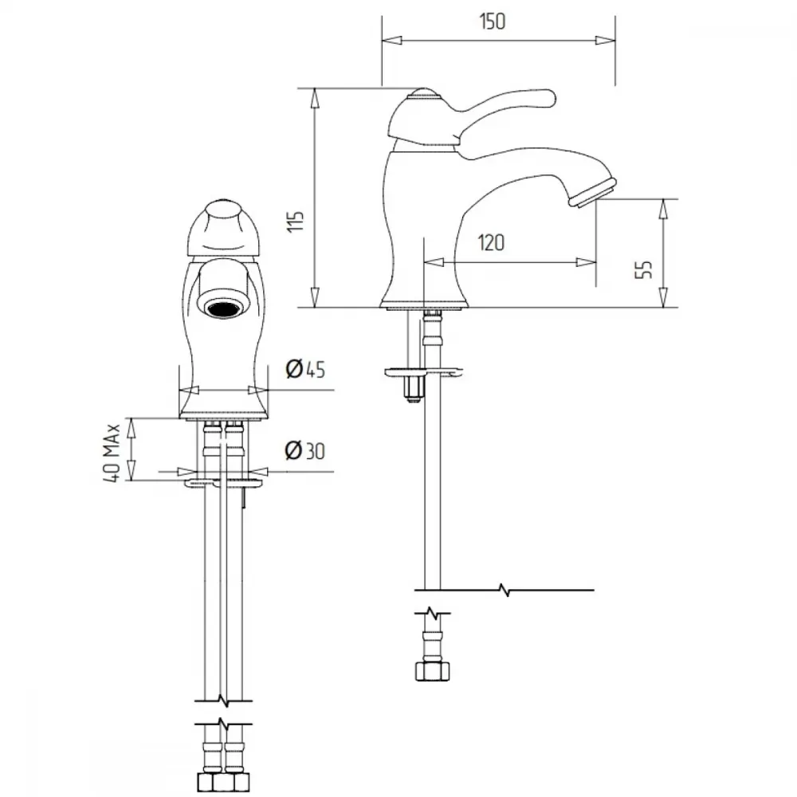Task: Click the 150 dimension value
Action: [x=492, y=22]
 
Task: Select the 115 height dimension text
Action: [x=296, y=221]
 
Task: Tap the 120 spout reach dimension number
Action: [x=491, y=242]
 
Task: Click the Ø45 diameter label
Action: [x=305, y=368]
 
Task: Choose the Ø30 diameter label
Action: [x=305, y=450]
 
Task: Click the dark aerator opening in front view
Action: [x=223, y=308]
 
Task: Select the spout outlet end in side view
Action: [x=593, y=192]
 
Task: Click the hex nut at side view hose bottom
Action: [x=432, y=670]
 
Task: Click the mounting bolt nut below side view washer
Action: [x=413, y=390]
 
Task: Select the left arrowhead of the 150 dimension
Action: [x=391, y=40]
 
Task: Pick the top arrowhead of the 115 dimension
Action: [x=315, y=97]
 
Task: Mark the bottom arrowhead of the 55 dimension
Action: [x=663, y=297]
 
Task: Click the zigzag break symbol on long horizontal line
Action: [x=505, y=590]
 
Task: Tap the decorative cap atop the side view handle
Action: [x=423, y=93]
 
